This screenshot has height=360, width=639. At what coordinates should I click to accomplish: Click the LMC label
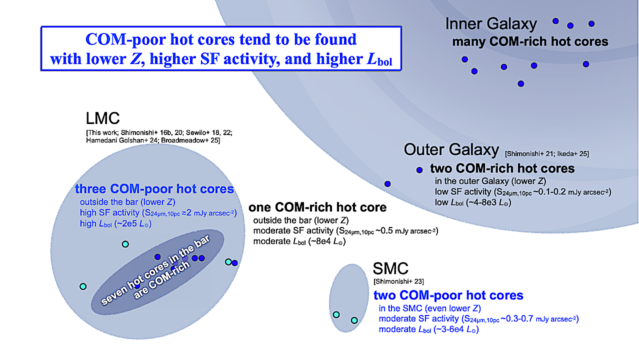[102, 119]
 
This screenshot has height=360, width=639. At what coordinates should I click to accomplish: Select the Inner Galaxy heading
[490, 24]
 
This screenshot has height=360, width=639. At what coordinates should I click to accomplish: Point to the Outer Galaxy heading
[451, 149]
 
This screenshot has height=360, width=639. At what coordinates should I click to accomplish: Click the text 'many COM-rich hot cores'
[530, 41]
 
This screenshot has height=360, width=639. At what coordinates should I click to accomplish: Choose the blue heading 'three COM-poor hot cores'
[154, 189]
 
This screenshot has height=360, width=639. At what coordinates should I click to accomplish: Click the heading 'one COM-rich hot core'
[317, 207]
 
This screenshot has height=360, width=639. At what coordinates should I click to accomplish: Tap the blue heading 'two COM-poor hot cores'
[448, 295]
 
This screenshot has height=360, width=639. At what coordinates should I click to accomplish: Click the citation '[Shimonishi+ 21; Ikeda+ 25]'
[547, 153]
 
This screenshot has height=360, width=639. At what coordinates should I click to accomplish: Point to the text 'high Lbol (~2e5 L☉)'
[115, 224]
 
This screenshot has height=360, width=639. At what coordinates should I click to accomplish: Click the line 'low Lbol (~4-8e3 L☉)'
[473, 202]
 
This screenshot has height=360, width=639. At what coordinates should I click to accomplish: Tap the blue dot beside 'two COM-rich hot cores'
[419, 170]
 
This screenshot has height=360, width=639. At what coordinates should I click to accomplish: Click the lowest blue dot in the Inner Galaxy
[521, 83]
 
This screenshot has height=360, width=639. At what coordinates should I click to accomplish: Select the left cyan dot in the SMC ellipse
[336, 314]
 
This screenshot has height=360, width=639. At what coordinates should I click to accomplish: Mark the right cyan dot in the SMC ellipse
[354, 320]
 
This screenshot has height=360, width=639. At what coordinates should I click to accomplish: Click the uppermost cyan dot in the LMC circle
[125, 244]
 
